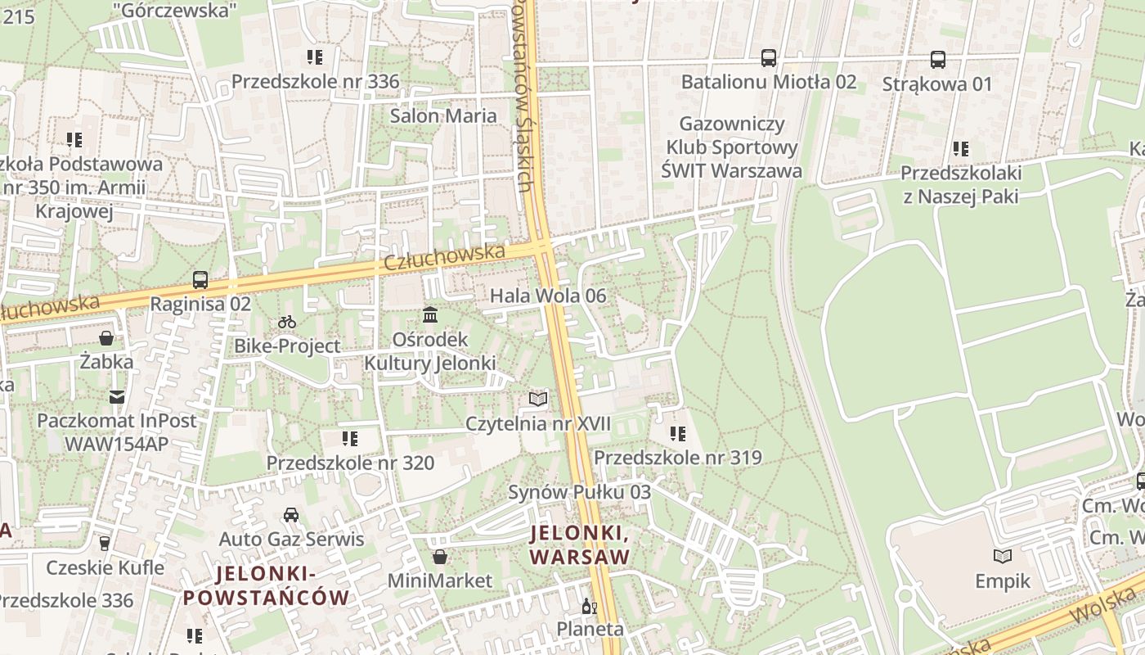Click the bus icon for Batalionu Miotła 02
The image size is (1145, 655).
click(x=769, y=58)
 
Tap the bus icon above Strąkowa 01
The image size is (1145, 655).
click(x=937, y=60)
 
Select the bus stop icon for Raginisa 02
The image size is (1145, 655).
click(x=200, y=280)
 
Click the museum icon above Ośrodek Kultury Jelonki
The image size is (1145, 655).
click(x=430, y=315)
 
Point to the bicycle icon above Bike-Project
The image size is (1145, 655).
click(x=287, y=323)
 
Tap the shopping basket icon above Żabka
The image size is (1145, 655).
click(x=106, y=337)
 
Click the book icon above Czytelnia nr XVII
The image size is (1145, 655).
click(x=537, y=400)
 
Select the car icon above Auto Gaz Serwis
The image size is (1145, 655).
click(x=291, y=515)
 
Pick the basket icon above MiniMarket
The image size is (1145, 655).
click(x=440, y=558)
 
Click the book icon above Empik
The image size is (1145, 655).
click(x=1003, y=557)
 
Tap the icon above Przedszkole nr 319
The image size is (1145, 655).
click(x=677, y=434)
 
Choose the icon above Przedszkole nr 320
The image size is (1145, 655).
click(x=350, y=439)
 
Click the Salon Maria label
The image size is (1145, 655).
click(x=443, y=115)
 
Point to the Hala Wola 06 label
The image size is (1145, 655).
click(x=548, y=296)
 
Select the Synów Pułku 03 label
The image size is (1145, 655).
click(x=579, y=492)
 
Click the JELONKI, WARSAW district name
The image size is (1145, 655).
click(x=580, y=545)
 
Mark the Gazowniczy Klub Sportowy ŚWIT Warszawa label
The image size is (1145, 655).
click(x=731, y=147)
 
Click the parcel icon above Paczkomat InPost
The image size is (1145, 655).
click(x=118, y=397)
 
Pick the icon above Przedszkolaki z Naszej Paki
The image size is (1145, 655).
click(x=961, y=149)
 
